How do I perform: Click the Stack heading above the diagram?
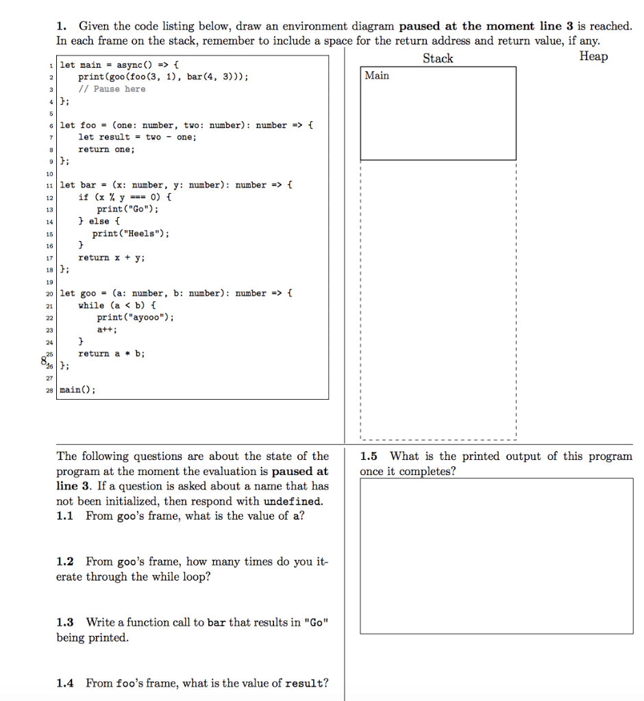438,58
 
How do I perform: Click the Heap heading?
593,57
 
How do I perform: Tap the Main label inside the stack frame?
377,75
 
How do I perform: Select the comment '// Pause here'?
112,89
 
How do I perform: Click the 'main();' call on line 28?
78,390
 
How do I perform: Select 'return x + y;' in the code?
112,257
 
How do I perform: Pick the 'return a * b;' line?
112,353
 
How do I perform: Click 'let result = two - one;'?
137,137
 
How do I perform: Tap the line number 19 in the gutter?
50,281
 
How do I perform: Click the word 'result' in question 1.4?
305,683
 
